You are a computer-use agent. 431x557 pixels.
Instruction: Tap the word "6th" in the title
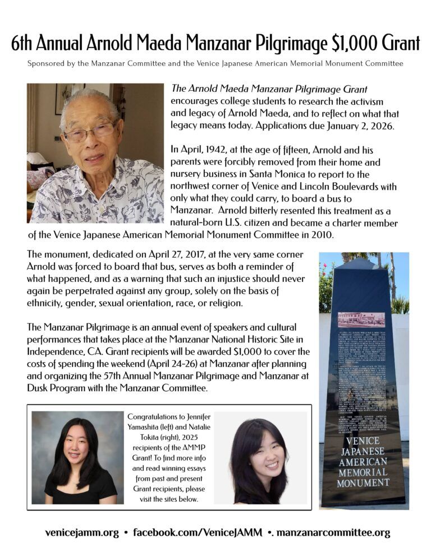[26, 43]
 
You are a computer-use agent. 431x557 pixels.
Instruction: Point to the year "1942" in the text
[213, 150]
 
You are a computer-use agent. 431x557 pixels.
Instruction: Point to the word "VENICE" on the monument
[363, 442]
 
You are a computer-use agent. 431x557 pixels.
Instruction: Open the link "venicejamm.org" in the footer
[82, 532]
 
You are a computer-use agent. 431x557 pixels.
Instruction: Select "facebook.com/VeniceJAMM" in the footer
[198, 532]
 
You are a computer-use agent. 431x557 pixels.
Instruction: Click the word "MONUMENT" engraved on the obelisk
[363, 482]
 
